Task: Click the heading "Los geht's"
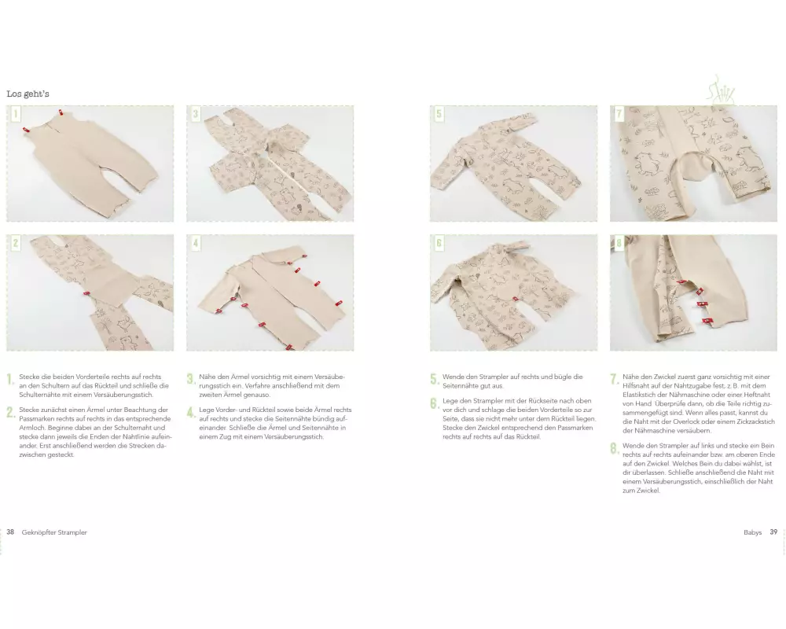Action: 28,94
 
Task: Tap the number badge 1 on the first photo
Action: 16,114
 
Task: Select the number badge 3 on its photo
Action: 196,114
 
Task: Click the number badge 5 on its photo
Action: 439,114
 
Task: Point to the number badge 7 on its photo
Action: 619,114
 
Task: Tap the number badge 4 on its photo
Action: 196,244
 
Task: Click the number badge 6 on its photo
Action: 439,244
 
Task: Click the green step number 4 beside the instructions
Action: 190,412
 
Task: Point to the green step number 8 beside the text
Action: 614,448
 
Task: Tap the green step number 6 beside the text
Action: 434,403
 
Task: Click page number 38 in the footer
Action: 10,532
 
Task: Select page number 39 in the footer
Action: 773,532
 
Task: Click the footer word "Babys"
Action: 752,533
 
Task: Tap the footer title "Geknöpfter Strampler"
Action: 54,533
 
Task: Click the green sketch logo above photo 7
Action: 721,90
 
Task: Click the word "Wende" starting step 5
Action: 453,377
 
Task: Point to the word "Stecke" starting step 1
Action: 29,377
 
